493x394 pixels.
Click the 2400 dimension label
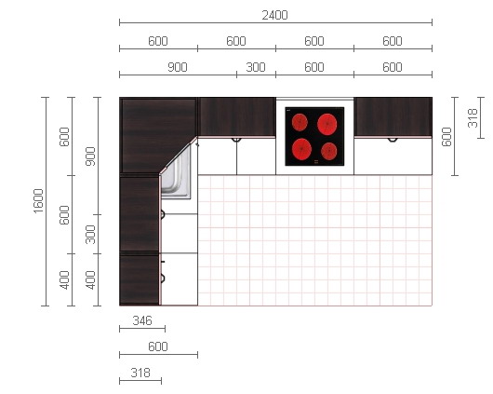[x=274, y=15]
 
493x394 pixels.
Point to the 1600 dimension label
[x=38, y=201]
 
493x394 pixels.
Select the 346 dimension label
[x=142, y=320]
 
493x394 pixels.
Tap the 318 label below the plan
[x=140, y=373]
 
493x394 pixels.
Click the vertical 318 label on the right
[x=473, y=117]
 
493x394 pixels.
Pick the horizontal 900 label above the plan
[x=178, y=67]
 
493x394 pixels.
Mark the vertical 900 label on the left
[x=90, y=156]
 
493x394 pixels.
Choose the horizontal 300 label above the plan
[x=256, y=67]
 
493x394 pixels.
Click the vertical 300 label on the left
[x=90, y=235]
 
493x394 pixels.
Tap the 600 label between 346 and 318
[x=158, y=346]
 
